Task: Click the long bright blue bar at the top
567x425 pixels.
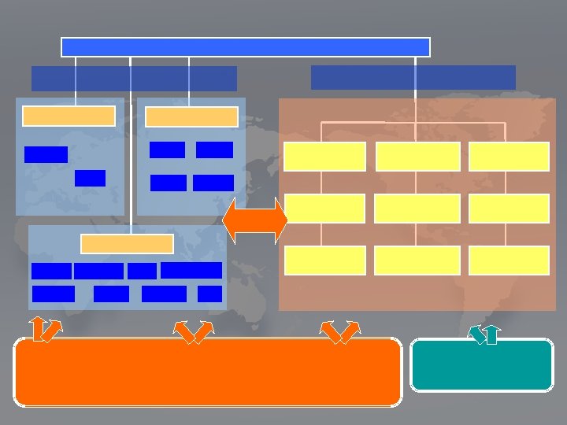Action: [x=245, y=47]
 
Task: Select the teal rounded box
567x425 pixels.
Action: [x=481, y=365]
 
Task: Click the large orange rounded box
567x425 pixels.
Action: [x=208, y=372]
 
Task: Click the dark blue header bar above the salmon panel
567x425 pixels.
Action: [x=413, y=77]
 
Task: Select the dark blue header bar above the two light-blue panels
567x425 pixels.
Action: [x=134, y=78]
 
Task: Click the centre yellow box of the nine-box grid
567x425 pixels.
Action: [x=417, y=208]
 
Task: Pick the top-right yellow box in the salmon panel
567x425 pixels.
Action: [x=509, y=156]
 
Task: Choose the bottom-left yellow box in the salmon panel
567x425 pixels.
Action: [x=325, y=261]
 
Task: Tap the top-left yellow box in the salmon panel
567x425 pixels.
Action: [x=325, y=156]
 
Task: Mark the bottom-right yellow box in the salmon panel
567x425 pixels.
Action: [x=509, y=261]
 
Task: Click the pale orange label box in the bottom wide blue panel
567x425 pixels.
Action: [x=127, y=243]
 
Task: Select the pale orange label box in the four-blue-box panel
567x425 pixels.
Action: [x=191, y=116]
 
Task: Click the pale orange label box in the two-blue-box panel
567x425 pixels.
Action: [x=69, y=116]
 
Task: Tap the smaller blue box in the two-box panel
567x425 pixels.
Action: [x=90, y=178]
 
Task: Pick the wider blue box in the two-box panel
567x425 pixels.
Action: [x=46, y=154]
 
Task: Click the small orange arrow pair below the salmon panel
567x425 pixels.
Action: [x=341, y=332]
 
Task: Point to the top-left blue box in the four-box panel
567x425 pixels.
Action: [x=167, y=150]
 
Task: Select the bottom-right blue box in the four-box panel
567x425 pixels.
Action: [x=213, y=183]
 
